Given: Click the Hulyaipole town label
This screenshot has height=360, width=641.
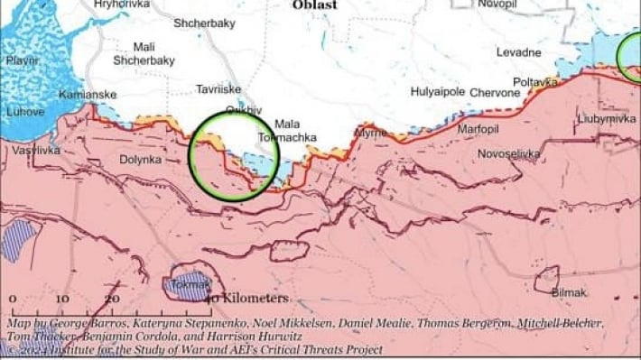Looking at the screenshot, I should (438, 92).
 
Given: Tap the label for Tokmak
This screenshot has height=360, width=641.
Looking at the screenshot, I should (186, 286).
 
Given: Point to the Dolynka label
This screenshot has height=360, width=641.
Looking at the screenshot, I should (140, 160).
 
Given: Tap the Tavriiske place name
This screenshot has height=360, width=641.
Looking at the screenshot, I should (218, 89).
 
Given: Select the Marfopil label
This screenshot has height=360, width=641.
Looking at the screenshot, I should (478, 128).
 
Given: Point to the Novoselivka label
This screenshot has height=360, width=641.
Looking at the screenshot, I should (510, 154).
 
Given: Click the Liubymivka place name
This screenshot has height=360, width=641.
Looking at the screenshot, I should (606, 118).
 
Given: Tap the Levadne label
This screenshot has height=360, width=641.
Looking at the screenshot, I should (519, 52).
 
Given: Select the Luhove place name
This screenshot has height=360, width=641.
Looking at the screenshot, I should (24, 112).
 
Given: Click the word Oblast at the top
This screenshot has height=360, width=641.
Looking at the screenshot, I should (314, 5).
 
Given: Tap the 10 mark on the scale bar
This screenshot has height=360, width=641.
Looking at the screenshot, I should (62, 299).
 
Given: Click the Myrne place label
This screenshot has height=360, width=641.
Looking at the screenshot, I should (369, 133).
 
